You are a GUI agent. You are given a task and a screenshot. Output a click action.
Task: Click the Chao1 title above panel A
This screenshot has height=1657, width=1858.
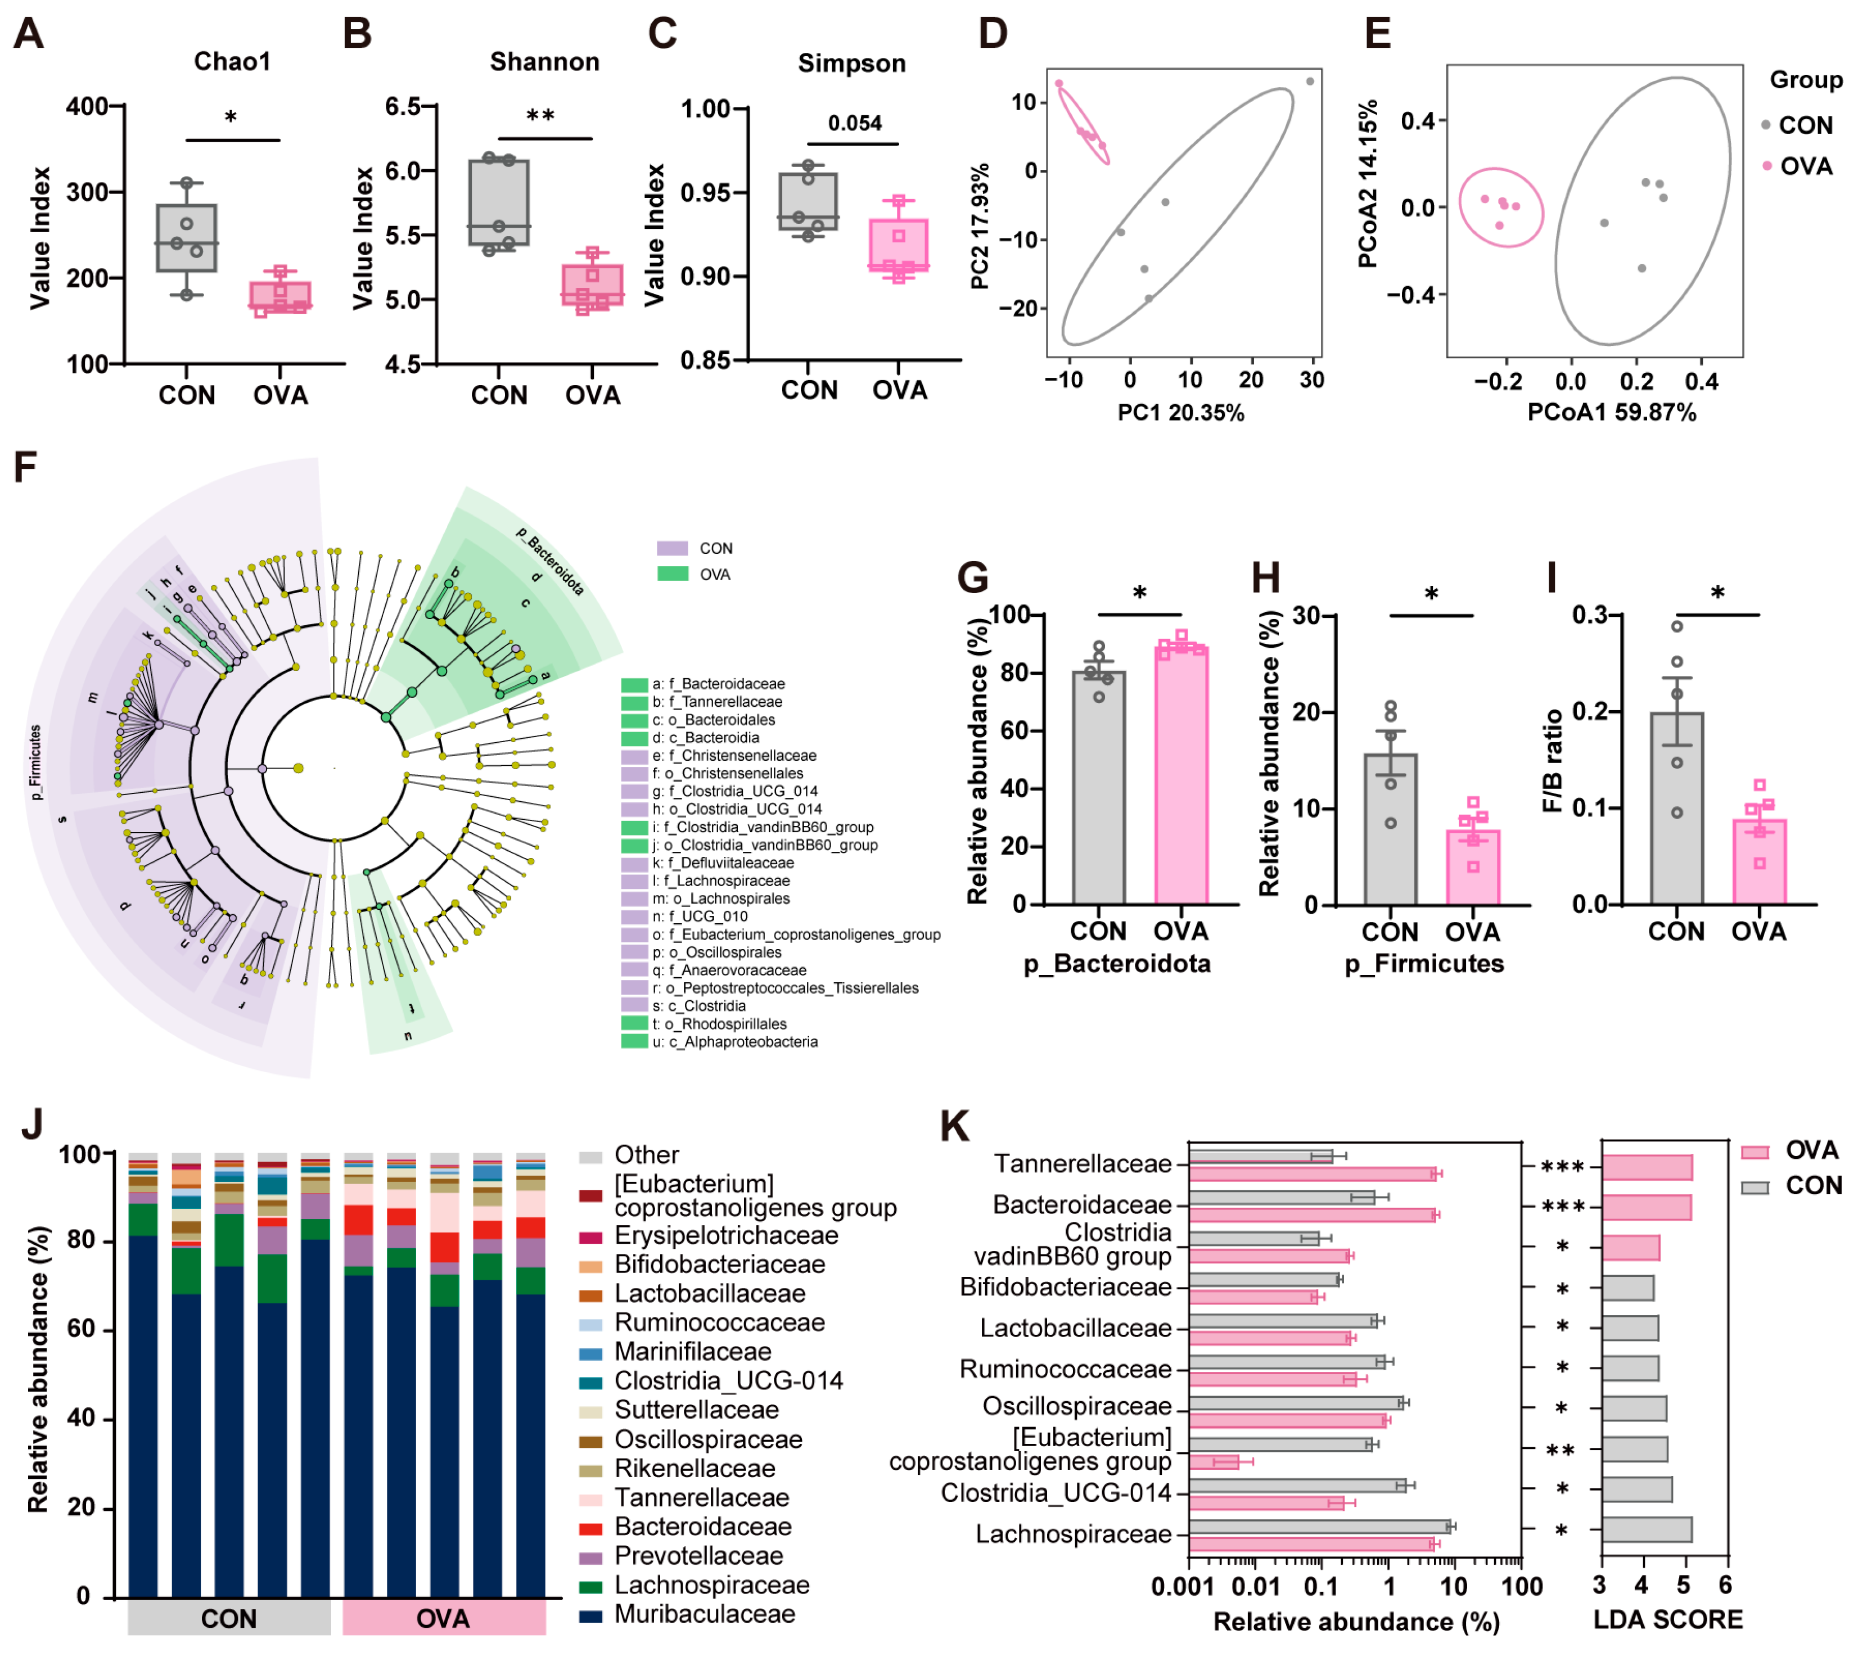232,62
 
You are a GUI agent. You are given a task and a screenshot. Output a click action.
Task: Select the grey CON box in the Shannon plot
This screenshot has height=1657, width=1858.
499,202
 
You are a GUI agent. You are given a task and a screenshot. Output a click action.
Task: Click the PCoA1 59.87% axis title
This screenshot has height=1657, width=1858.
1611,413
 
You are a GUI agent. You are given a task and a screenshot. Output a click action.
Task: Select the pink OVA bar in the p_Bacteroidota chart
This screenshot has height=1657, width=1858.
1181,774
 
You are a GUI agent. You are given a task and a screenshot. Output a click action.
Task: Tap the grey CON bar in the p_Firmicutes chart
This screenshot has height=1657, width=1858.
1390,829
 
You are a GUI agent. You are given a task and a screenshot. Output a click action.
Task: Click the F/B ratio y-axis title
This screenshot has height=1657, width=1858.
1553,760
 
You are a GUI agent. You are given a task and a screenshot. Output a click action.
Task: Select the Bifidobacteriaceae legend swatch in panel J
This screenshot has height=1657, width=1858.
591,1266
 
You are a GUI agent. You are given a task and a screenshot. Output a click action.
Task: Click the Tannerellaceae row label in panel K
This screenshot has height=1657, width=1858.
1083,1163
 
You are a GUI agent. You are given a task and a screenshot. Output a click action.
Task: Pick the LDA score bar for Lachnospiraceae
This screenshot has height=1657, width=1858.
1646,1529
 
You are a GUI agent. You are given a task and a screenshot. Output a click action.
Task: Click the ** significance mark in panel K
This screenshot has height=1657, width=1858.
1561,1450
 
